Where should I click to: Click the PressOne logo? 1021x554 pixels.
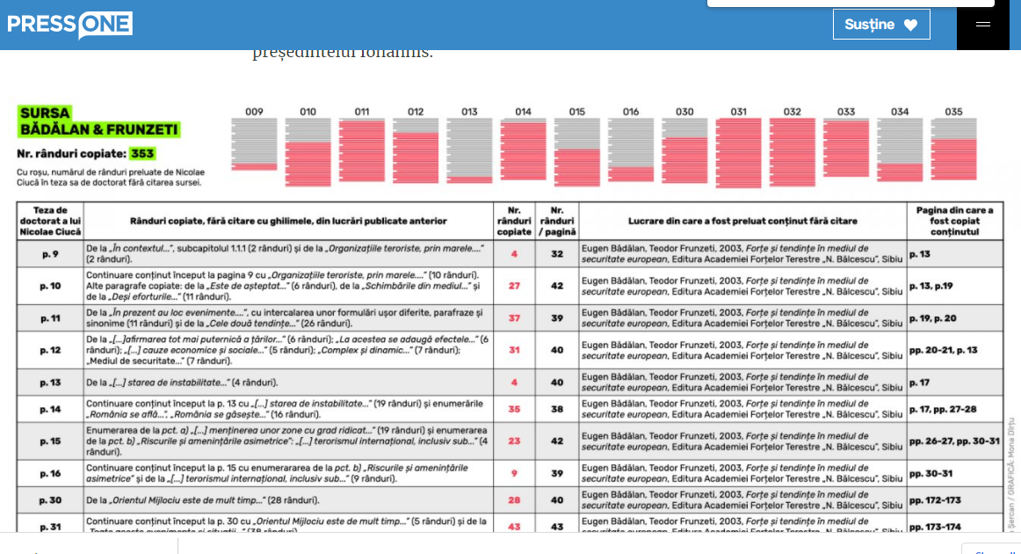tap(70, 25)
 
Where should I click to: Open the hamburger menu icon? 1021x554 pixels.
tap(983, 25)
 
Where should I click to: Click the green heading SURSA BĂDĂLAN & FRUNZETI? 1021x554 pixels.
tap(98, 121)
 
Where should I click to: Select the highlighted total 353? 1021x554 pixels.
tap(141, 154)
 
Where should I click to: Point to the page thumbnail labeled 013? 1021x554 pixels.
tap(469, 150)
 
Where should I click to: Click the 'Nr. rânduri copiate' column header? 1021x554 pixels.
tap(514, 221)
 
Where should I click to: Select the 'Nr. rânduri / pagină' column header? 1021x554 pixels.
tap(557, 221)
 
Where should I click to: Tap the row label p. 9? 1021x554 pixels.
tap(50, 254)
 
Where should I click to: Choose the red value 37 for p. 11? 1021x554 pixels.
tap(514, 318)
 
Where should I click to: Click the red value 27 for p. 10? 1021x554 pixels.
tap(514, 286)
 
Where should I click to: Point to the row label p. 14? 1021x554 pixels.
tap(50, 409)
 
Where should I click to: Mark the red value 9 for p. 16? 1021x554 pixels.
tap(514, 473)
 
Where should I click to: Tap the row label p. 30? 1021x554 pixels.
tap(50, 500)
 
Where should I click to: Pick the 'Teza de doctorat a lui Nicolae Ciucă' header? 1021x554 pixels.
tap(50, 221)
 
